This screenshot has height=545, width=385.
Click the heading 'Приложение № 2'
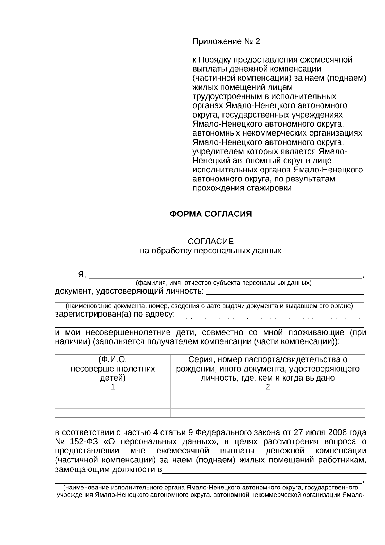point(226,41)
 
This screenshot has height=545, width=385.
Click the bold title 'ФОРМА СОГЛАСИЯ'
point(210,214)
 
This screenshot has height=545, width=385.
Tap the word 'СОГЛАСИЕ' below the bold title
point(210,241)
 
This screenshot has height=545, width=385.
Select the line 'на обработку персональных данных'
point(210,251)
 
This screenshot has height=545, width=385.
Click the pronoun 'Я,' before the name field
point(82,275)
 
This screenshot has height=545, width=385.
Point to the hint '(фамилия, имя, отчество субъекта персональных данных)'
point(223,283)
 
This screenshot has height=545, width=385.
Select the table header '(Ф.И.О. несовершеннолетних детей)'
point(113,368)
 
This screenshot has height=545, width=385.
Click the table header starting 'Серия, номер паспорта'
point(268,368)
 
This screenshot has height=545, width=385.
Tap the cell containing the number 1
point(113,387)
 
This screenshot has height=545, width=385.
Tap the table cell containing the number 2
point(268,387)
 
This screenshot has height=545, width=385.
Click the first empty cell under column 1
point(113,395)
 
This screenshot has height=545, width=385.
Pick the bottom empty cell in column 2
point(268,413)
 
